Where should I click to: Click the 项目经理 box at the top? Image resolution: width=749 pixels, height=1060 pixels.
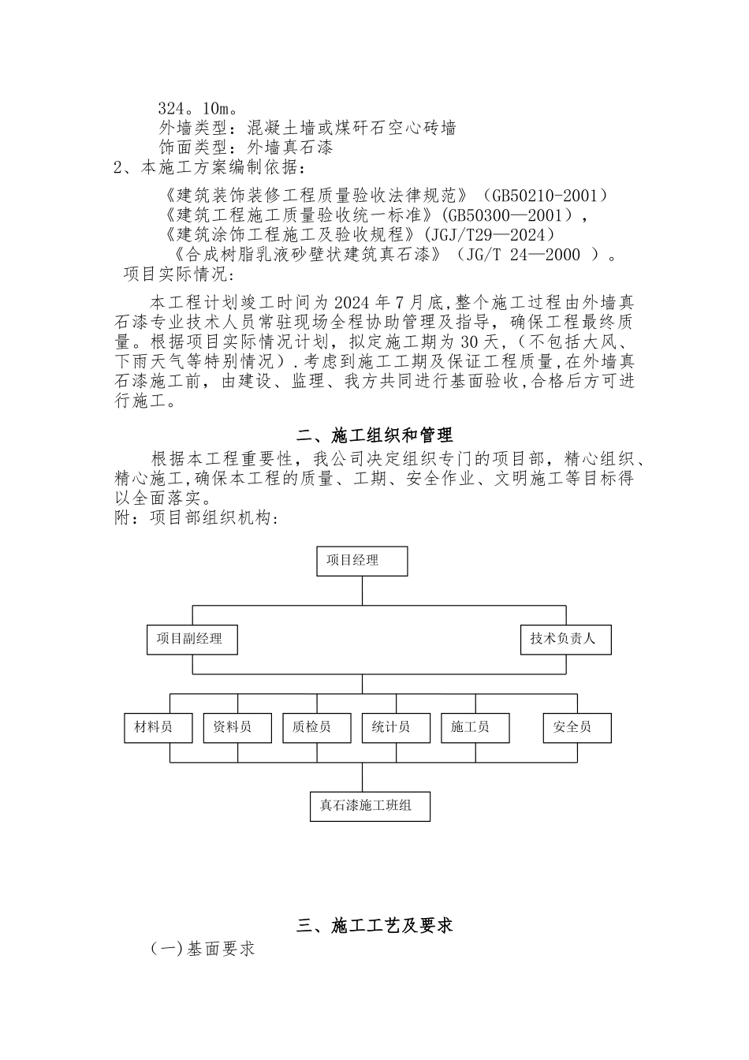pos(363,561)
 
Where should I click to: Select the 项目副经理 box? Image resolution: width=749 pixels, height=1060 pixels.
pos(192,639)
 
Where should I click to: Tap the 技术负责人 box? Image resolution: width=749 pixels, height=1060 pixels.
pos(565,639)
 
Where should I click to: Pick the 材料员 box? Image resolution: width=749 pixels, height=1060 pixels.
pos(158,727)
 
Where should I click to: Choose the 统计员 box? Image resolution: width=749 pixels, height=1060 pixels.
pos(396,727)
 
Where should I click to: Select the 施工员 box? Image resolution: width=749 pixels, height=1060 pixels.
pos(475,727)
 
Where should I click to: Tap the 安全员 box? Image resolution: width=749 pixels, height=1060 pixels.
pos(577,727)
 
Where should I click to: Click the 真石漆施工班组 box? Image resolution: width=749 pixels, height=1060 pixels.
pos(370,806)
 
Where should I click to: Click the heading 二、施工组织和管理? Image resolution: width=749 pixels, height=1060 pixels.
pos(374,435)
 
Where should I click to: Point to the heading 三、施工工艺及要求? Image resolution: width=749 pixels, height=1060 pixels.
pos(374,925)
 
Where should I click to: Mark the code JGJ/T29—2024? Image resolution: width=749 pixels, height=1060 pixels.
pos(489,234)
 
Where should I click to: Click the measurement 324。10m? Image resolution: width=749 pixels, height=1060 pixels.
pos(194,108)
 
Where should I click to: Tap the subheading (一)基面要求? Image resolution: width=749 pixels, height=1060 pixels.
pos(203,949)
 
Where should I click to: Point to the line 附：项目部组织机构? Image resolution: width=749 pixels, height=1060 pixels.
pos(196,518)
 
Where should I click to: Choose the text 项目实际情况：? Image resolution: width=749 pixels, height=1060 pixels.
pos(180,274)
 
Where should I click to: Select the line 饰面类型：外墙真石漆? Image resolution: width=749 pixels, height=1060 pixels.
pos(246,147)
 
